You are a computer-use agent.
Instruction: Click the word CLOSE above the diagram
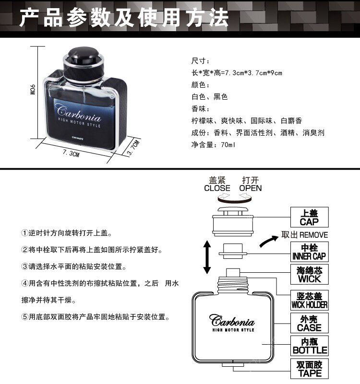pyautogui.click(x=217, y=188)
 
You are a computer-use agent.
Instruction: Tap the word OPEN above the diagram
pyautogui.click(x=251, y=188)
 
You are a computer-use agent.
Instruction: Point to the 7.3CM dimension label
pyautogui.click(x=71, y=154)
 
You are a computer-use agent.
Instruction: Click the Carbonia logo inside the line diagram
pyautogui.click(x=232, y=321)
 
